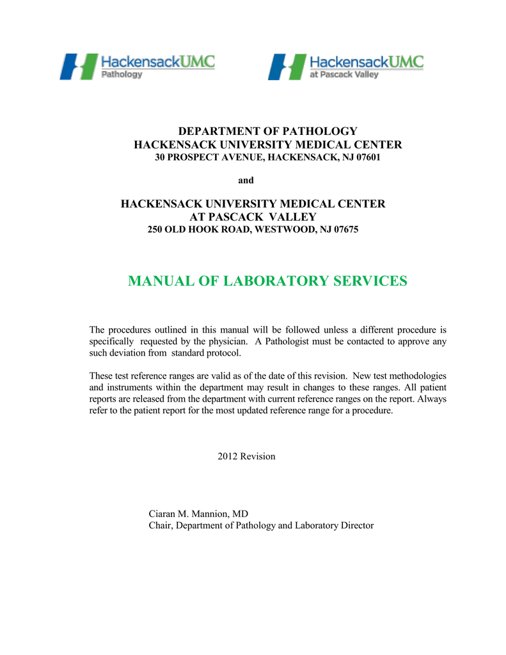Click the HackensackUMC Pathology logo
point(137,66)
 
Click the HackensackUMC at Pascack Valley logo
point(345,66)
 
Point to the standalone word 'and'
point(246,180)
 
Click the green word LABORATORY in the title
point(271,281)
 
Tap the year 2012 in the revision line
point(228,456)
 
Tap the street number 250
point(156,230)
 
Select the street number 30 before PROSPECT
point(161,157)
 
